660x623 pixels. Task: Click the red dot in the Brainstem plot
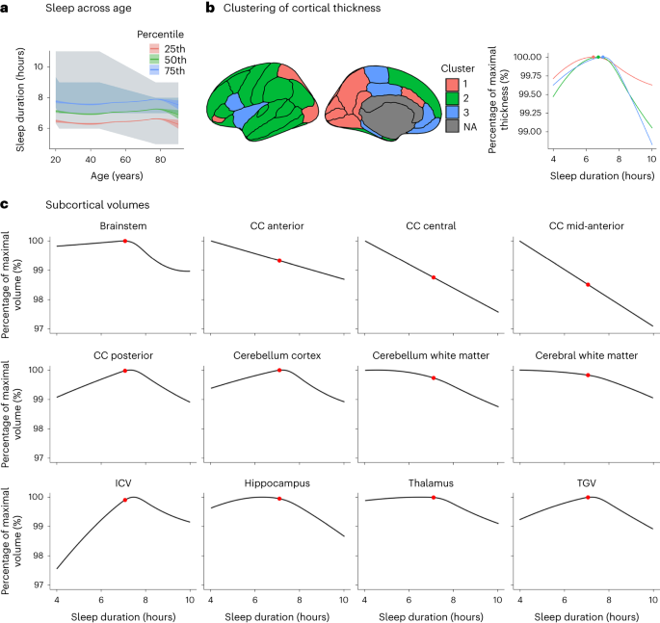coord(125,241)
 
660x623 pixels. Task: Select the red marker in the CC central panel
coord(434,277)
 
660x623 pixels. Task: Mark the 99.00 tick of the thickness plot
coord(529,132)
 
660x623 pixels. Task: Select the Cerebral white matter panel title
coord(588,355)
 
